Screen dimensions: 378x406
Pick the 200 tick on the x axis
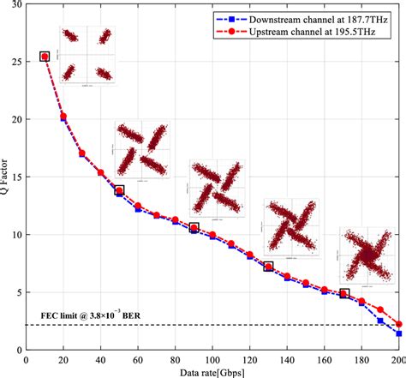tap(397, 360)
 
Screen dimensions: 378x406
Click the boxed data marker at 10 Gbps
tap(45, 57)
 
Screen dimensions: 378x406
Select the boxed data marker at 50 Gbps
tap(120, 190)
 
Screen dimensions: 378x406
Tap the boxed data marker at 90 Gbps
tap(194, 228)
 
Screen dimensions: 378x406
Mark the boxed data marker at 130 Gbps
tap(268, 267)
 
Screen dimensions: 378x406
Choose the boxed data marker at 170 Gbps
tap(343, 293)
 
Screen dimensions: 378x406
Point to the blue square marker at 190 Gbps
tap(380, 320)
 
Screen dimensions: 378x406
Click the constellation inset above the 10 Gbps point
tap(86, 54)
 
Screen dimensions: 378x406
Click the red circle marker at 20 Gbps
tap(64, 116)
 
